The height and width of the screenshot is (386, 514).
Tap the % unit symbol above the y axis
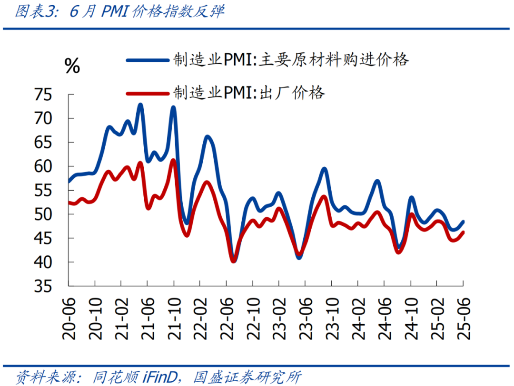(x=72, y=67)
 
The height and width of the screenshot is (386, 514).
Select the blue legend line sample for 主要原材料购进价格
(x=148, y=60)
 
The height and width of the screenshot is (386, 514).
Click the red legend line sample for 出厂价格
(x=148, y=93)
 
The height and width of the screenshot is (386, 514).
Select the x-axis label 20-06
(x=69, y=319)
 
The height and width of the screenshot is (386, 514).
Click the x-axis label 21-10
(x=174, y=319)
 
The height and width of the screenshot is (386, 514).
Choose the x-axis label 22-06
(x=227, y=319)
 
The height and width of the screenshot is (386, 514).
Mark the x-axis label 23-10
(x=331, y=319)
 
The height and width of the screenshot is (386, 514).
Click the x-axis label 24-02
(x=358, y=319)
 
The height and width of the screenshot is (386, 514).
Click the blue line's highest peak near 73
(x=140, y=105)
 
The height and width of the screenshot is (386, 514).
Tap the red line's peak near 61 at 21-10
(x=173, y=160)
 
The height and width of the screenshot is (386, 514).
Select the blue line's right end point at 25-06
(x=463, y=222)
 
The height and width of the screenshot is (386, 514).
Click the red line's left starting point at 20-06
(x=69, y=203)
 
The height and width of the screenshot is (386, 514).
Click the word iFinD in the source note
(x=160, y=377)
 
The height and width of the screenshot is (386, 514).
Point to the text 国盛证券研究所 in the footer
(x=247, y=377)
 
